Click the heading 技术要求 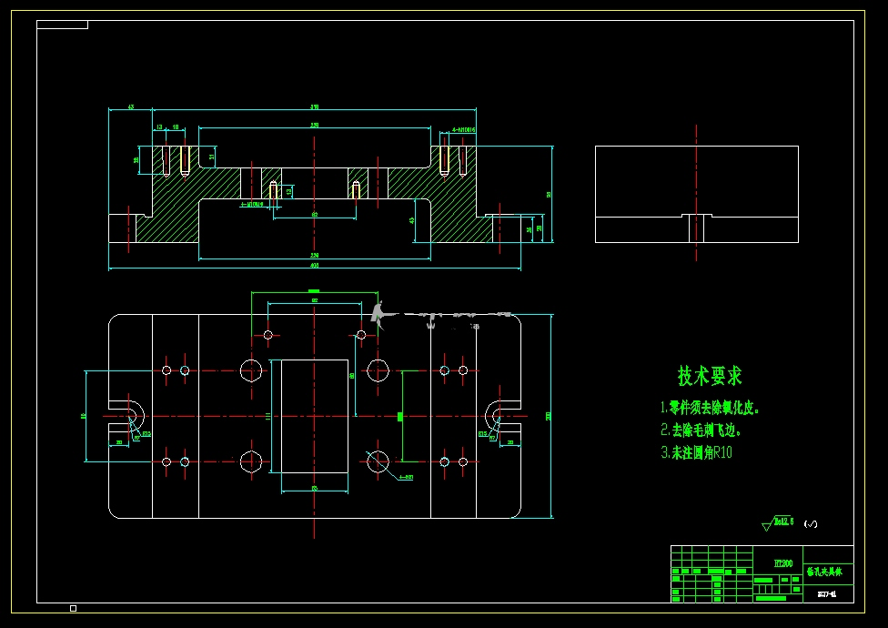click(x=710, y=375)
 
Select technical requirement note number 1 click(x=710, y=409)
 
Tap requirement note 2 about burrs click(x=701, y=430)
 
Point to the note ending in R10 click(x=696, y=452)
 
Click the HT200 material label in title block click(x=782, y=564)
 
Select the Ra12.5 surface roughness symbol click(x=781, y=522)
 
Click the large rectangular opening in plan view click(x=314, y=416)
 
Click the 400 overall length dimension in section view click(x=315, y=265)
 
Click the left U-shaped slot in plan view click(x=127, y=416)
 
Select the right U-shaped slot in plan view click(x=501, y=416)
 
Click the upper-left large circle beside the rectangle click(x=252, y=370)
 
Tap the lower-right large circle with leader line click(x=377, y=461)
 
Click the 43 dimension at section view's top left click(x=130, y=107)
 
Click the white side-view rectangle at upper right click(x=696, y=194)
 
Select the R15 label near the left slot click(x=146, y=433)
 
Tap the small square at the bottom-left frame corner click(x=73, y=608)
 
